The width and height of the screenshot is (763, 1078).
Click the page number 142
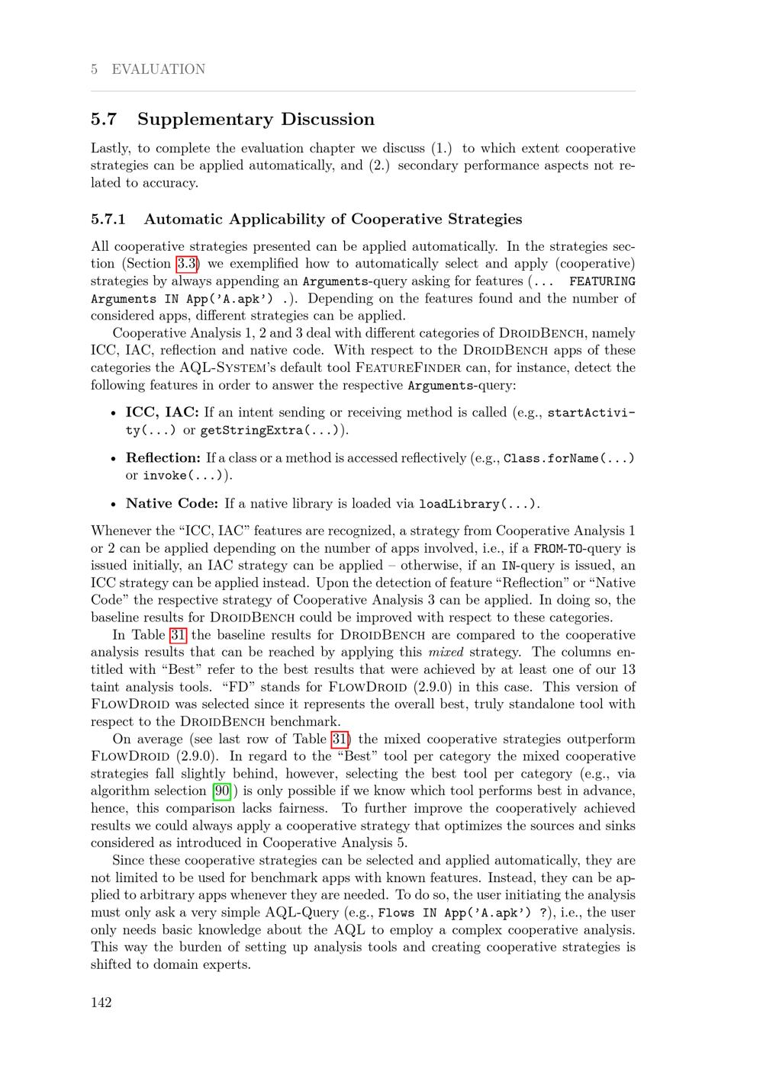101,1003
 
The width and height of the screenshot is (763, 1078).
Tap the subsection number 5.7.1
108,220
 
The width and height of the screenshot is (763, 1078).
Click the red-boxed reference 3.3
187,264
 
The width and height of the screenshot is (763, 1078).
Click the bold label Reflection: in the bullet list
163,458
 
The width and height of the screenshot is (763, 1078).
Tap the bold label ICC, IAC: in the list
162,412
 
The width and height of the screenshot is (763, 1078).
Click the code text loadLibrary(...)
478,504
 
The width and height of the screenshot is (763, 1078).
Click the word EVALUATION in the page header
158,69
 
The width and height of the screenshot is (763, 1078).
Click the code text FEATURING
602,281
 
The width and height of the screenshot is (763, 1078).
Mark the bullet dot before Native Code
113,505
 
